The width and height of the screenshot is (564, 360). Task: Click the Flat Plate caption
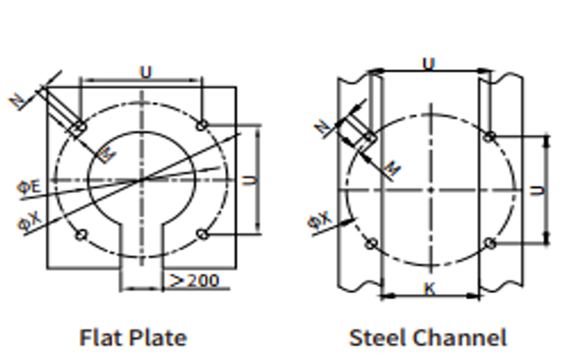click(133, 338)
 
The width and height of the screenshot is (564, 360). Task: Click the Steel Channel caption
click(428, 338)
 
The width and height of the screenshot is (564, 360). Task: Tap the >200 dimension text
click(194, 280)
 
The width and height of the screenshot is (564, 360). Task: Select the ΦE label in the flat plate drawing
click(29, 187)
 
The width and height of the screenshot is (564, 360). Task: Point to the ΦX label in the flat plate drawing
click(30, 220)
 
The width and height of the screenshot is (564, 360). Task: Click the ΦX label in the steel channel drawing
click(320, 220)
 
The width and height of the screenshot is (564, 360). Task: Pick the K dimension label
click(430, 289)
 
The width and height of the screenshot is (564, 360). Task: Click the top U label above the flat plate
click(146, 72)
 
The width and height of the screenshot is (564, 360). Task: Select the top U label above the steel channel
click(429, 64)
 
